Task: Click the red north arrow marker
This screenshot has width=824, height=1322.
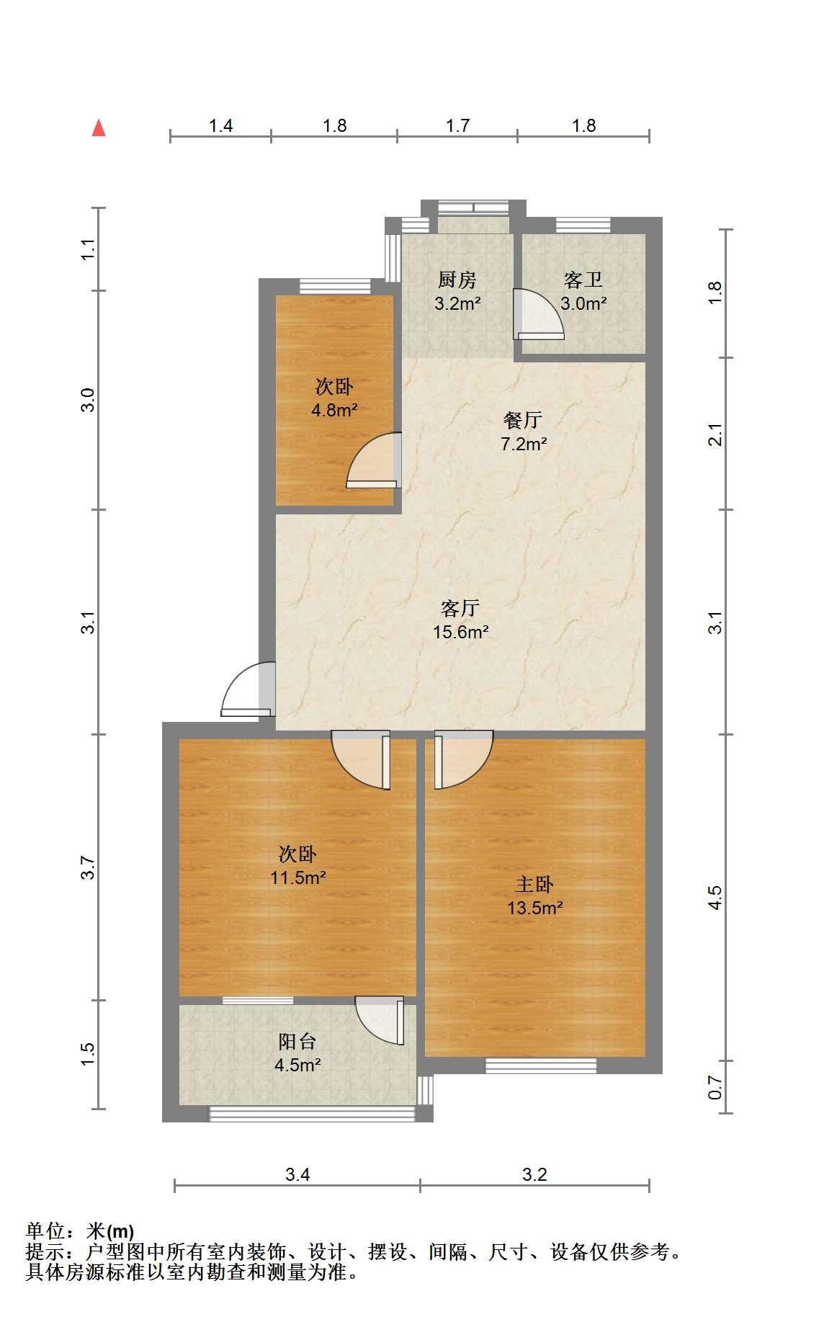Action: (99, 128)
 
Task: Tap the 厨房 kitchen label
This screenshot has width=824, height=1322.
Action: (457, 280)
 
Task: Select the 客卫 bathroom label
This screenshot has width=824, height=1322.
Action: (583, 280)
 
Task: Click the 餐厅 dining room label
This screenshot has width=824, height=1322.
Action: (523, 420)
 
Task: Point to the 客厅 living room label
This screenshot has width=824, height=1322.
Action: (460, 609)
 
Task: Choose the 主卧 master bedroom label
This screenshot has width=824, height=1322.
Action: (534, 884)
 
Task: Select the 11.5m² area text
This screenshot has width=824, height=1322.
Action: (298, 877)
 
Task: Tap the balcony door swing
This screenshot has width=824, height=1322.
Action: (380, 1020)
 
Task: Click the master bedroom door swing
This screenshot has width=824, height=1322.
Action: (464, 760)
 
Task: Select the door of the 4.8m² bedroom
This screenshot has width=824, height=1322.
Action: (374, 460)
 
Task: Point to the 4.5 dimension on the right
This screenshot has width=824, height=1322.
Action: (715, 898)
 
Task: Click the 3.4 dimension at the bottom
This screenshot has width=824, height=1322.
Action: (297, 1175)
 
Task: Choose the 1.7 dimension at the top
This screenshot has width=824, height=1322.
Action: (458, 126)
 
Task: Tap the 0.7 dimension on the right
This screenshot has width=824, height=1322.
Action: (715, 1087)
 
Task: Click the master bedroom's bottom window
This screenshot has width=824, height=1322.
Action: (541, 1065)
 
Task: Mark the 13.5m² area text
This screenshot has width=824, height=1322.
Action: (535, 908)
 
